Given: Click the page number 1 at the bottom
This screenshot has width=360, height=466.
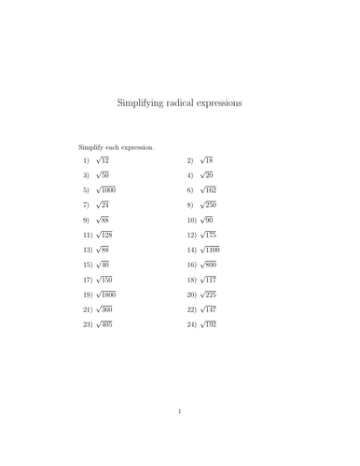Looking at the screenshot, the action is [180, 410].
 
